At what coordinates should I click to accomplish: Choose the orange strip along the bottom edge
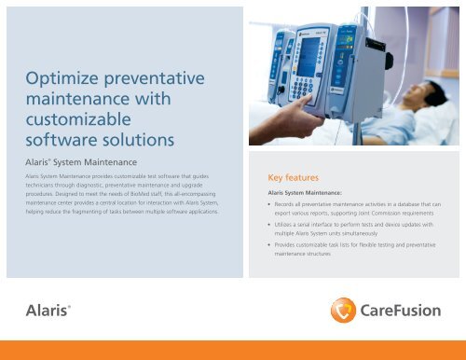(233, 351)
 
